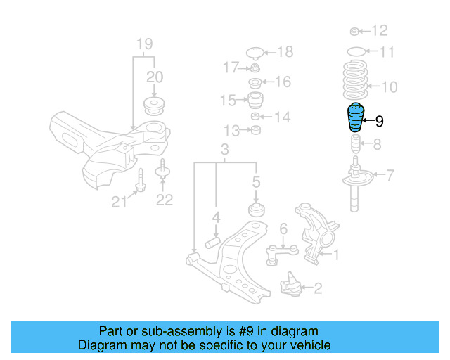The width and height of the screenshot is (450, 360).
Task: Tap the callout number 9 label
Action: click(380, 122)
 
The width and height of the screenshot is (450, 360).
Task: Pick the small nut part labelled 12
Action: click(356, 31)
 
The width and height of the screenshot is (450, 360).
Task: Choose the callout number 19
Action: click(144, 43)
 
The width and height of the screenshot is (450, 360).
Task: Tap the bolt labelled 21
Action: click(141, 180)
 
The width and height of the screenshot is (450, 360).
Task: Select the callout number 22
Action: click(164, 200)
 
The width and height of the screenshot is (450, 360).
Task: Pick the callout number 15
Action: click(227, 101)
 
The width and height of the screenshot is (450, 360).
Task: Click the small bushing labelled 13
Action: click(257, 131)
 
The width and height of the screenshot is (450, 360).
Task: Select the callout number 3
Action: click(225, 150)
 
